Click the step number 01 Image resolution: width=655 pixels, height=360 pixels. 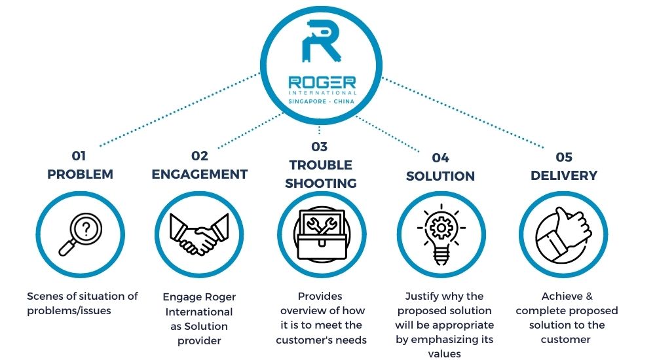point(79,156)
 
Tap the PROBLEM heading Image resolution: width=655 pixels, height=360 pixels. point(80,174)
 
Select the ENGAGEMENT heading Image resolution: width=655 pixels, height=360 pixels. point(200,174)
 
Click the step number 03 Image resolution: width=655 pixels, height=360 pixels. point(320,147)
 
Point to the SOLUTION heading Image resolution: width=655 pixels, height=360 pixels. point(440,176)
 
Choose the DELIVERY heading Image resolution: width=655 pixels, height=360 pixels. point(564,175)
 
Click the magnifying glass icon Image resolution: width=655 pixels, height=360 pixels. point(80,234)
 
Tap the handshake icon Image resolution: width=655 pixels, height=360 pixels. point(199,234)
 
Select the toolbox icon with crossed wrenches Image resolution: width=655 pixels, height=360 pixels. point(322,234)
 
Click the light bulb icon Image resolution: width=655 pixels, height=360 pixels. point(441,234)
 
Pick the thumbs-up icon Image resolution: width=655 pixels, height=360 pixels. point(563,235)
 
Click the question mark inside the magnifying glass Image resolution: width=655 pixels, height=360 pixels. point(86,228)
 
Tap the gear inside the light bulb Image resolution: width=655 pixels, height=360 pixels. point(441,228)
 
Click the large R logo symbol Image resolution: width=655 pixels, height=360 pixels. point(321,41)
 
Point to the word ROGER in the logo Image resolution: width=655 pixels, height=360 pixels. point(322,82)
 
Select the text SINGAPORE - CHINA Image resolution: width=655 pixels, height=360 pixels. point(321,101)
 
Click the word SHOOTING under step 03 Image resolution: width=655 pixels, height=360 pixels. point(321,183)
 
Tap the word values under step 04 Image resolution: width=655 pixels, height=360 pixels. point(445,354)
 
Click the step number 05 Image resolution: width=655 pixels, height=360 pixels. point(564,157)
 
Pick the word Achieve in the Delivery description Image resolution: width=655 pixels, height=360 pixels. point(562,296)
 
